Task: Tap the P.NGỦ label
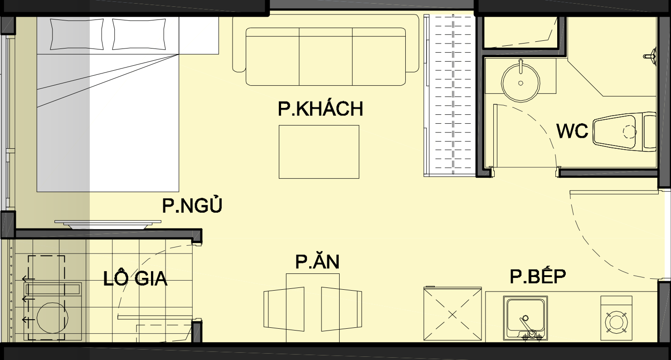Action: (x=192, y=205)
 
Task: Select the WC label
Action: (x=572, y=131)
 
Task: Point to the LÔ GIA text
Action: (x=135, y=278)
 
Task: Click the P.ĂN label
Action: (x=317, y=262)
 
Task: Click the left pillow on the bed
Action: (x=77, y=34)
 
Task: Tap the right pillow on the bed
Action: (x=139, y=34)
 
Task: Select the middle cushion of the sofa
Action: (x=326, y=57)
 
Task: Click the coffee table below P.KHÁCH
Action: (x=319, y=152)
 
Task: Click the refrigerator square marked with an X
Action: (x=452, y=314)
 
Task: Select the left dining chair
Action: (x=284, y=309)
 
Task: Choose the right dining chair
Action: (x=341, y=309)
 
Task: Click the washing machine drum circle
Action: (x=51, y=318)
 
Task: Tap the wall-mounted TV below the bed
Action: (x=108, y=224)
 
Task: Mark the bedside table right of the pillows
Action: (x=199, y=35)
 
